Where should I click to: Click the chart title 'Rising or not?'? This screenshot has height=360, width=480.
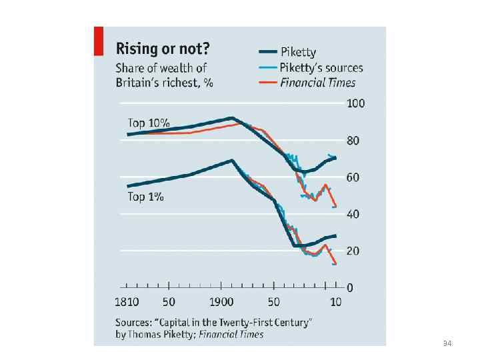(x=163, y=49)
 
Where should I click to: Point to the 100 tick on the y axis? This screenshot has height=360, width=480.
(x=355, y=104)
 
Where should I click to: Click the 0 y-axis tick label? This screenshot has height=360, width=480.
(x=349, y=288)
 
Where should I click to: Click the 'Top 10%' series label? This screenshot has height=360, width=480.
(x=149, y=123)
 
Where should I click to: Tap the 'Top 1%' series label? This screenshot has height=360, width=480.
(x=145, y=197)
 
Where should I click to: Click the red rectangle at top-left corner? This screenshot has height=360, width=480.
(x=99, y=41)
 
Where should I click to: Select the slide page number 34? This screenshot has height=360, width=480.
(x=447, y=343)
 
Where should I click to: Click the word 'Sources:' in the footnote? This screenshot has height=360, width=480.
(x=135, y=321)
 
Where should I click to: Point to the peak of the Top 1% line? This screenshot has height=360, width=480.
(x=232, y=160)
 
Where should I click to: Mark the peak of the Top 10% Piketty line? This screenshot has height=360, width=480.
(x=231, y=118)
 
